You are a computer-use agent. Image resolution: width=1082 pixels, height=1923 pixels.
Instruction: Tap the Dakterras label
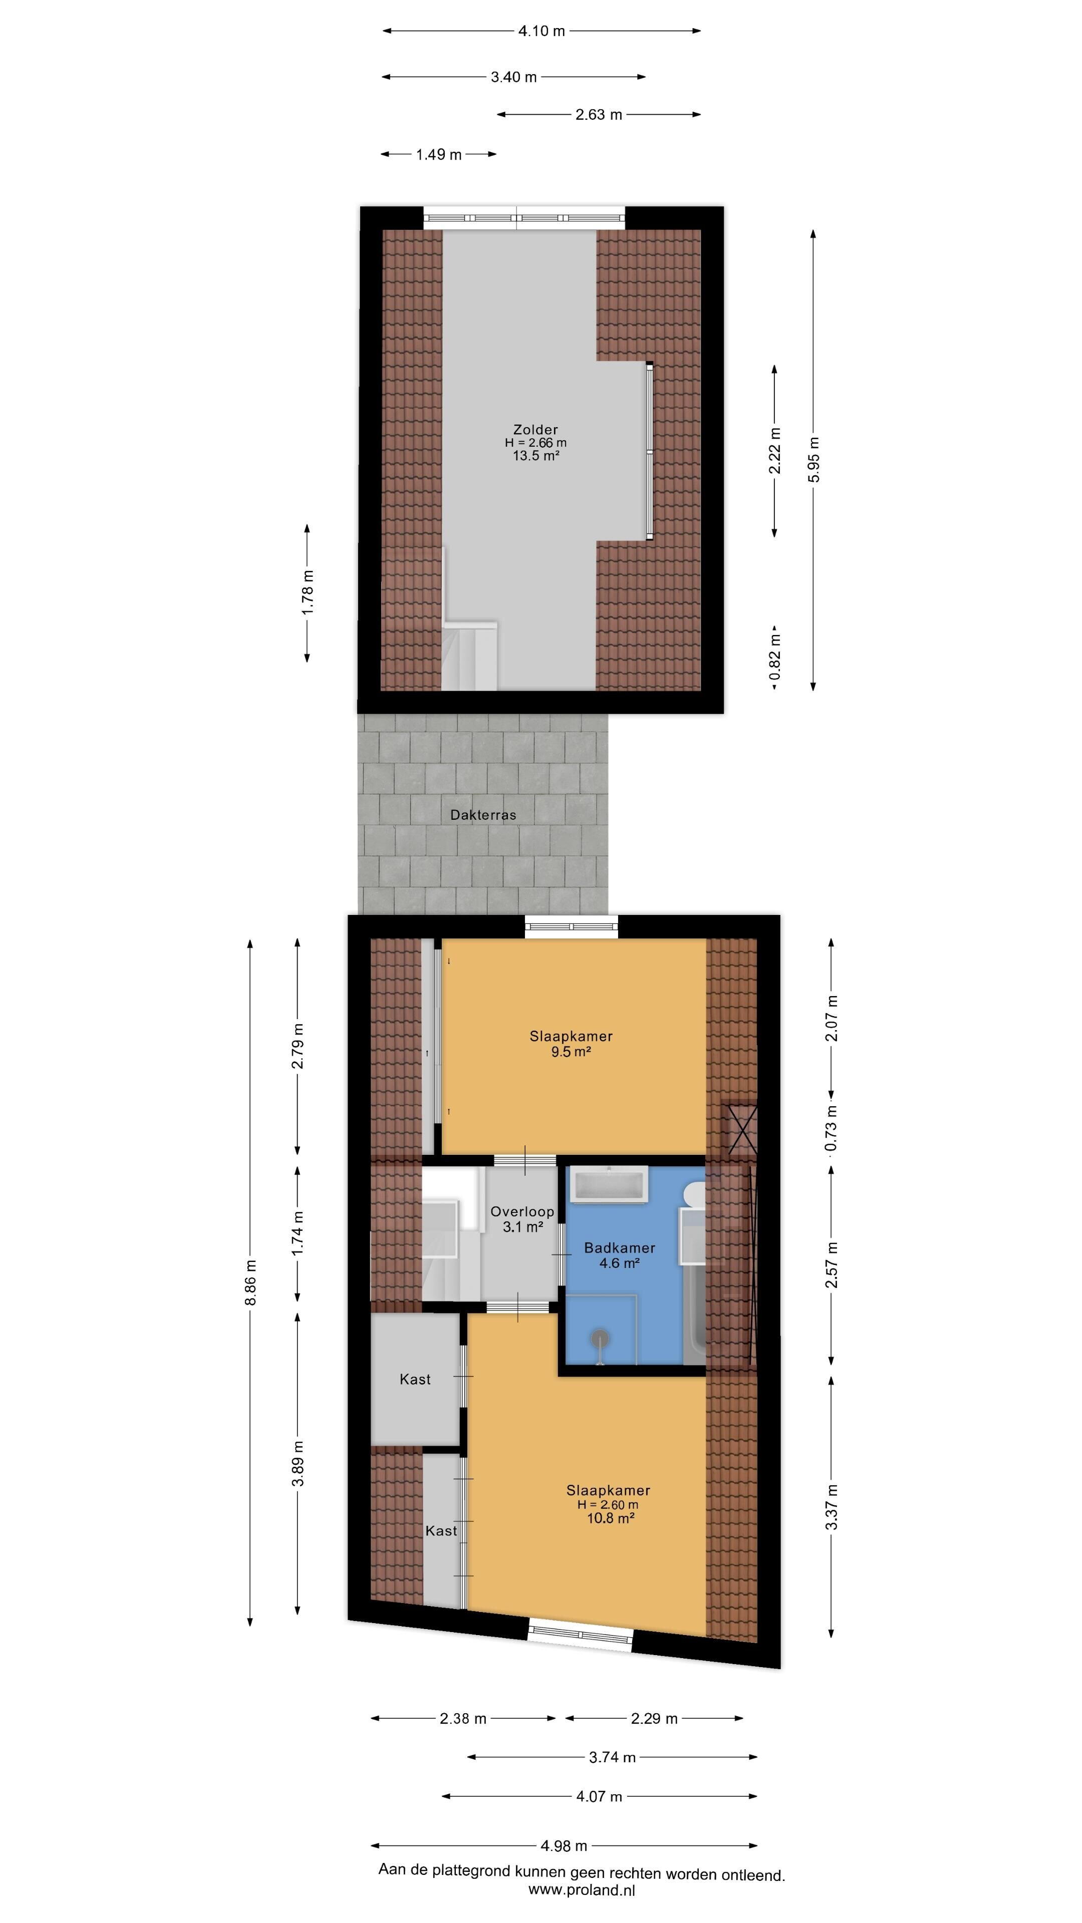click(x=483, y=815)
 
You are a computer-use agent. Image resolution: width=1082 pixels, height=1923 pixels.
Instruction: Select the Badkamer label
click(x=620, y=1247)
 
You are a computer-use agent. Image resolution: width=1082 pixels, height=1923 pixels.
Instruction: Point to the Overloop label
click(x=522, y=1211)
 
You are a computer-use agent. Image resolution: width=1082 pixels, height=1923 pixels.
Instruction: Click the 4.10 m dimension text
click(x=542, y=31)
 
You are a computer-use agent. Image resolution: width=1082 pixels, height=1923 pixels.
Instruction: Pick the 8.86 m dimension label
click(x=251, y=1283)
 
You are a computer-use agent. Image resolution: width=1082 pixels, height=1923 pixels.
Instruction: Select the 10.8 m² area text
click(x=611, y=1518)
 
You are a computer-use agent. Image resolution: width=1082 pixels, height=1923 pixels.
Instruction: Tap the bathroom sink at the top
click(x=609, y=1185)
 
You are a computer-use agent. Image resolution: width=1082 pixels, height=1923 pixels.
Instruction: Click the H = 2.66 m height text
click(x=535, y=443)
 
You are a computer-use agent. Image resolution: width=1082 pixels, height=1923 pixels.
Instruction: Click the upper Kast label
click(x=415, y=1380)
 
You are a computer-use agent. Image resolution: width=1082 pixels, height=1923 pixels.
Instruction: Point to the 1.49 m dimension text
click(x=439, y=155)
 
